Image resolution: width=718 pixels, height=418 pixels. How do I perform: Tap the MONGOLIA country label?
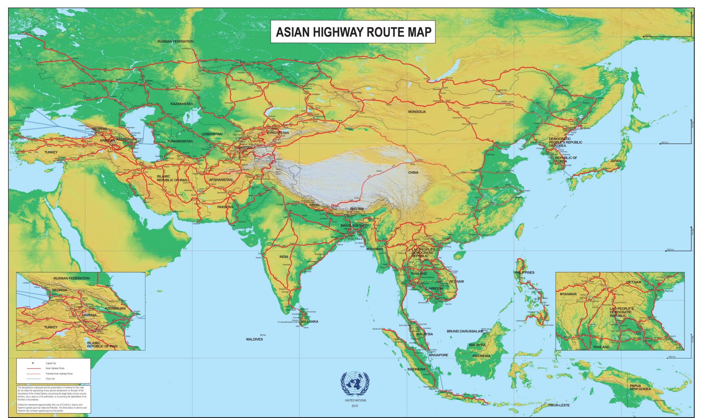pyautogui.click(x=417, y=112)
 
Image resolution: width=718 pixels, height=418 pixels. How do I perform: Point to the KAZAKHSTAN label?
pyautogui.click(x=182, y=104)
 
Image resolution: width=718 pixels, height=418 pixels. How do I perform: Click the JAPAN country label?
pyautogui.click(x=615, y=161)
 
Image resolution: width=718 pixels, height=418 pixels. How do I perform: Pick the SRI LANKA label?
pyautogui.click(x=309, y=321)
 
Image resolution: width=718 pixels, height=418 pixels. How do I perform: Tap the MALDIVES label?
pyautogui.click(x=254, y=339)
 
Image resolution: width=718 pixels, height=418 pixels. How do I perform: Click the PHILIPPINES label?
pyautogui.click(x=524, y=272)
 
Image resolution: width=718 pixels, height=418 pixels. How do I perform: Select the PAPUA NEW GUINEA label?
pyautogui.click(x=640, y=387)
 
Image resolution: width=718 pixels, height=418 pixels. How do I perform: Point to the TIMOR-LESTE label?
pyautogui.click(x=559, y=405)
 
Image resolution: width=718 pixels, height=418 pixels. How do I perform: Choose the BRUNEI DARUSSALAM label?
pyautogui.click(x=465, y=331)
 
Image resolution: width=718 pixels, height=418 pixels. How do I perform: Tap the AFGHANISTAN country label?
pyautogui.click(x=221, y=180)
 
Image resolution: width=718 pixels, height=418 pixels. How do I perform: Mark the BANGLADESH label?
pyautogui.click(x=352, y=225)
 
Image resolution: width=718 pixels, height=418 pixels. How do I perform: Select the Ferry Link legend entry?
pyautogui.click(x=50, y=379)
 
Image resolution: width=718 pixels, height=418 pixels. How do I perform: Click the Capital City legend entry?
pyautogui.click(x=51, y=363)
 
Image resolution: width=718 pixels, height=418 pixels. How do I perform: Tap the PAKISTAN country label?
pyautogui.click(x=225, y=207)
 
